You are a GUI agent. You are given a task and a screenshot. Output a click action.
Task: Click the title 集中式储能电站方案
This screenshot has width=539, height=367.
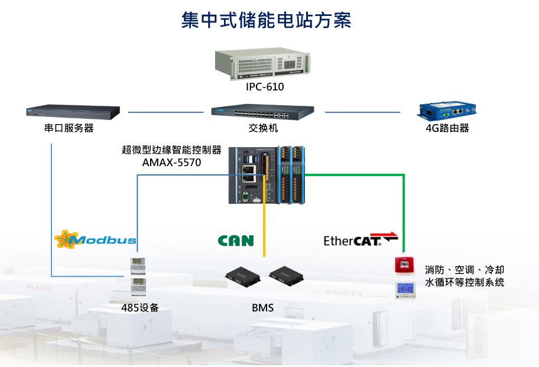click(267, 20)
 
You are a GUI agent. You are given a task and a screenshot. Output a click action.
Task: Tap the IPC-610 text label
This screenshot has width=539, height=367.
click(265, 87)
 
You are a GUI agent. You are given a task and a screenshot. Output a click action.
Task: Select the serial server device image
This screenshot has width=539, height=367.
click(73, 111)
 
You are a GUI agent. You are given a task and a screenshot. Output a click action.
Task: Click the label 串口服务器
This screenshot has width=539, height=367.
click(69, 128)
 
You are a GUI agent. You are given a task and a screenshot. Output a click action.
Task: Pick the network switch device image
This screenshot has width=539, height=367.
click(262, 111)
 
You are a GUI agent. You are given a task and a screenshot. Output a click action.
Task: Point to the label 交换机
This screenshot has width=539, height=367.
click(263, 128)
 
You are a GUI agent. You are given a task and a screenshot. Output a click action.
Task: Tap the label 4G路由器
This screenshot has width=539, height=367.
click(447, 128)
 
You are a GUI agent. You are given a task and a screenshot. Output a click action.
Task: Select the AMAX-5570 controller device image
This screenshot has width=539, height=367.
click(268, 174)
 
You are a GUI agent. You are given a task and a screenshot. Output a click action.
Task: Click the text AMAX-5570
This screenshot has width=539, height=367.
click(171, 161)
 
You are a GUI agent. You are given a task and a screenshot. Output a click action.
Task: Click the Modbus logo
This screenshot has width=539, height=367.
click(96, 239)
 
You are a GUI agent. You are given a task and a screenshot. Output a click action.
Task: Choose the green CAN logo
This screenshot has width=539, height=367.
click(236, 241)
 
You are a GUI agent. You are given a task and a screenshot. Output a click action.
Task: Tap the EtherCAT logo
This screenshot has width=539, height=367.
click(361, 239)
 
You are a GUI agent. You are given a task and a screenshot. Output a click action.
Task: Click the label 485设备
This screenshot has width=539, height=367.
click(140, 307)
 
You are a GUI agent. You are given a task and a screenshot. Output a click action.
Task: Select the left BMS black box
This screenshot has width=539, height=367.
click(243, 275)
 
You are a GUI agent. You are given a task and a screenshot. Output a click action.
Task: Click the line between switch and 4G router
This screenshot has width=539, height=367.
click(362, 111)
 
